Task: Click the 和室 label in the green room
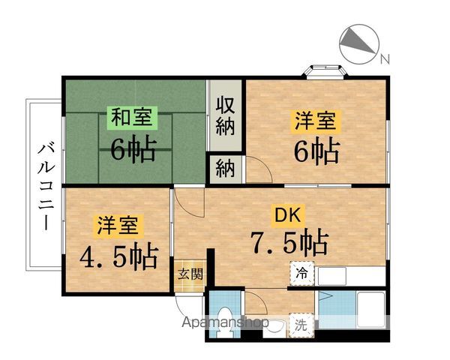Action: point(133,117)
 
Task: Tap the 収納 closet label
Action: point(226,115)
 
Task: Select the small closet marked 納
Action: point(225,168)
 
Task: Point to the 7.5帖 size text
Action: point(289,243)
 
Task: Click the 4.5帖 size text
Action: point(118,256)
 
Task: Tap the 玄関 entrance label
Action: point(190,273)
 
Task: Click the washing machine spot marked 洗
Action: point(301,325)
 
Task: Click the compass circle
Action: point(358,43)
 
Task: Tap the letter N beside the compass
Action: point(383,59)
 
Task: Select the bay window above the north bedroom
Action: point(324,72)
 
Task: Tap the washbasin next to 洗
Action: point(276,325)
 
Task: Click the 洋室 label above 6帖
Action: point(313,120)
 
